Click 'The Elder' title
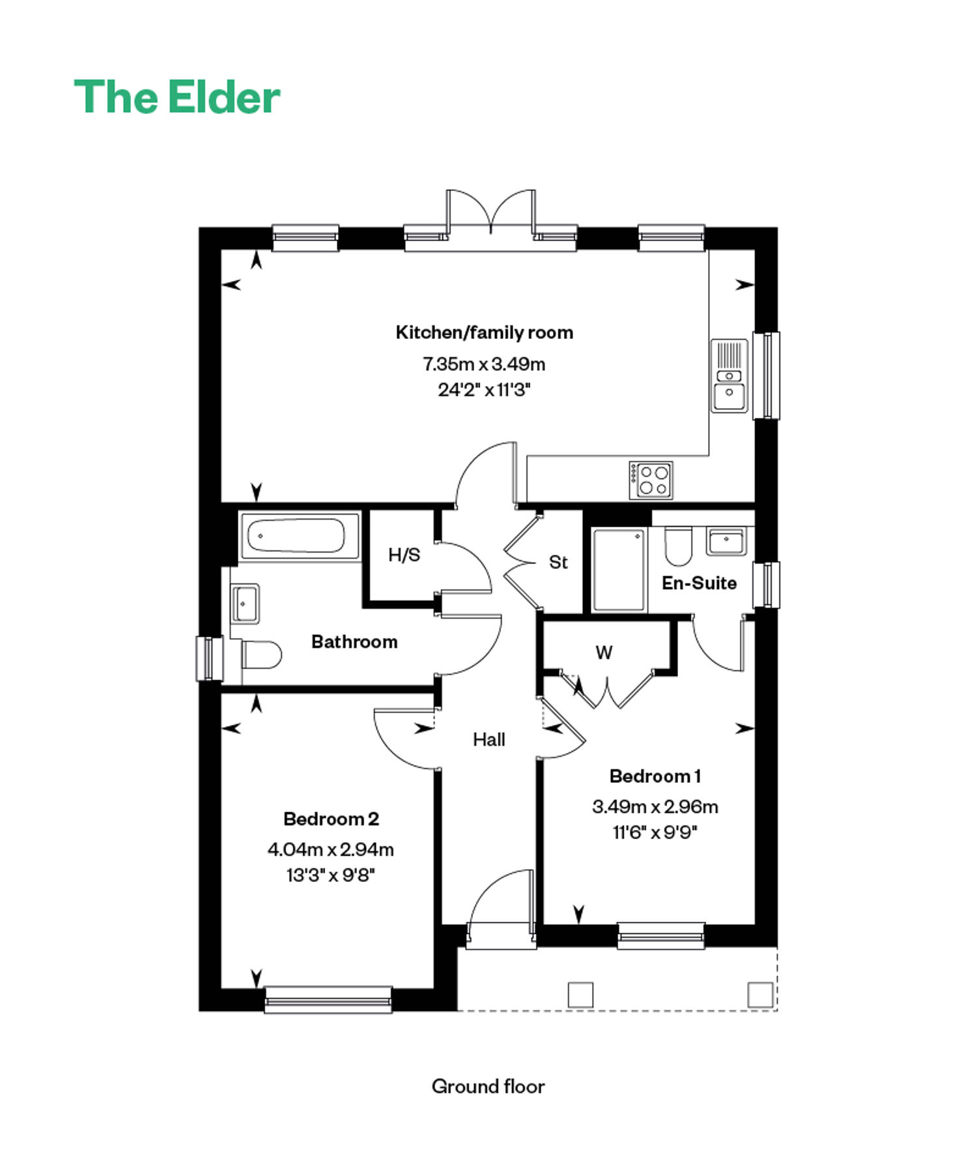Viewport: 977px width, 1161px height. (x=177, y=97)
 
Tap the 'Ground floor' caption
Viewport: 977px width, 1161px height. (x=488, y=1086)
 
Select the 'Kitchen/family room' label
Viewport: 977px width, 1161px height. (x=485, y=332)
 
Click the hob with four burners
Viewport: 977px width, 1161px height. (x=651, y=480)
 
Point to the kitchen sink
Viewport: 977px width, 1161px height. (x=729, y=375)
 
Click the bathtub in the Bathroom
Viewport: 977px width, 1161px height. (x=300, y=536)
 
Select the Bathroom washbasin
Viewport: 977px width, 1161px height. (x=244, y=603)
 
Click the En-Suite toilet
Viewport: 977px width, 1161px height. (x=678, y=546)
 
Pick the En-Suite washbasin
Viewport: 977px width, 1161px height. (x=726, y=541)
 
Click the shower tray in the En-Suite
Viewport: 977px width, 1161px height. (x=619, y=570)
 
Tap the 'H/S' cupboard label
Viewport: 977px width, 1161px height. (x=404, y=555)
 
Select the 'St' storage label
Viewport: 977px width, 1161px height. (x=558, y=562)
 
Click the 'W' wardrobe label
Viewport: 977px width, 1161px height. (x=604, y=652)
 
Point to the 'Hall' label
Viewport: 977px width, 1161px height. (x=489, y=739)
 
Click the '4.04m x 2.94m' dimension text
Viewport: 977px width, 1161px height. (x=331, y=849)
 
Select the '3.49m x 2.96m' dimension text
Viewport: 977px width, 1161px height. (x=655, y=806)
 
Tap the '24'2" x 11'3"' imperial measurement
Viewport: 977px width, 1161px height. (x=484, y=390)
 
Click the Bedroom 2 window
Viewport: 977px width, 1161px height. (x=328, y=999)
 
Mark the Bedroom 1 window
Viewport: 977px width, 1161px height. (x=661, y=935)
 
